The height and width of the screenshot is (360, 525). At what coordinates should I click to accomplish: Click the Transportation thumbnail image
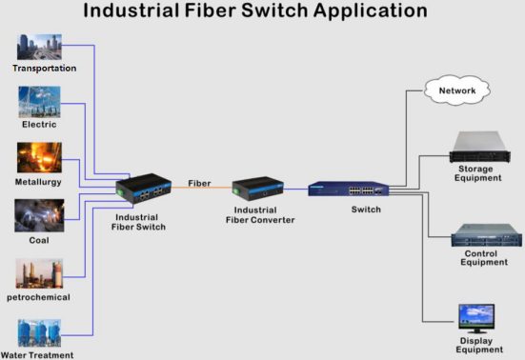(39, 49)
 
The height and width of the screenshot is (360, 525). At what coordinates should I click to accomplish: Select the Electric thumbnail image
(39, 102)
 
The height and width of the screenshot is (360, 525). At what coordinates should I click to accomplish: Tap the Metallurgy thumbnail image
(39, 158)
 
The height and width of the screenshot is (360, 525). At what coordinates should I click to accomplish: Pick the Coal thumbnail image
(39, 215)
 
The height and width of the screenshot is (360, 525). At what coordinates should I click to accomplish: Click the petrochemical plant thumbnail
(39, 273)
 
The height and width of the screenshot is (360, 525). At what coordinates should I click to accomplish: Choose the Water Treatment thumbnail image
(39, 331)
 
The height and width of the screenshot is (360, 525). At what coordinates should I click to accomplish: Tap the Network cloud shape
(457, 91)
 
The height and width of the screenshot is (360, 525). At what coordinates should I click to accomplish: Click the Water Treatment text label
(39, 354)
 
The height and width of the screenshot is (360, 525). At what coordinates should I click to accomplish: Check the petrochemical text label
(39, 297)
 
